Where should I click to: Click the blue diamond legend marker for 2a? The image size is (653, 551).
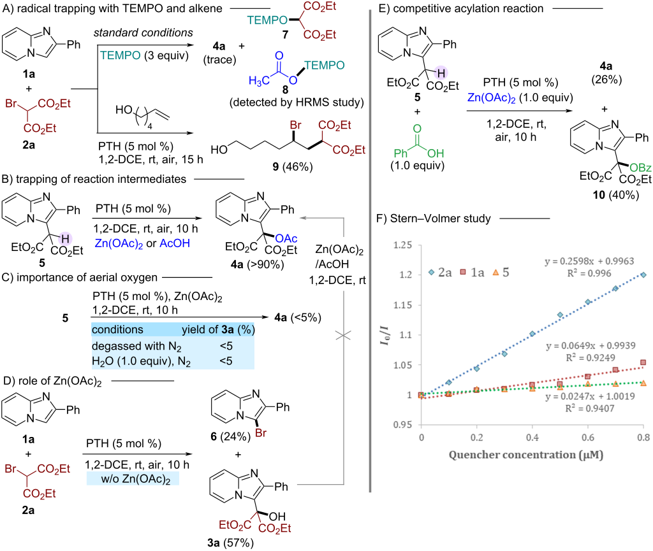(x=432, y=273)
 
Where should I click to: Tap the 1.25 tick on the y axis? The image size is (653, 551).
(x=402, y=245)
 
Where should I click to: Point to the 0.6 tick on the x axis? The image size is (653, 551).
(x=588, y=437)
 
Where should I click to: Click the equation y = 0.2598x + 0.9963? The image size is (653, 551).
(x=589, y=261)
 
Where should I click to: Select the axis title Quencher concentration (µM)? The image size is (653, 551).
(x=525, y=455)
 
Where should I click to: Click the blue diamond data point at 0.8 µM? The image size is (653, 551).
(x=643, y=275)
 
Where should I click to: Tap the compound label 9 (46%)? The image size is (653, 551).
(x=292, y=167)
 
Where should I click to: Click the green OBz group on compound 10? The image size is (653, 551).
(x=640, y=168)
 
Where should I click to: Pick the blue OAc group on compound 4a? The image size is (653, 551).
(x=286, y=238)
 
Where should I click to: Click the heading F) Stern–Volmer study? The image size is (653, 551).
(x=434, y=218)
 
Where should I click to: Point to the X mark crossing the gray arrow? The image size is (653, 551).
(x=343, y=335)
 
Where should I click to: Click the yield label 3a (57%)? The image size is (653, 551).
(x=230, y=543)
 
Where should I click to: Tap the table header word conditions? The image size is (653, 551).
(x=117, y=329)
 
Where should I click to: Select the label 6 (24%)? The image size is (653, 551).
(x=230, y=436)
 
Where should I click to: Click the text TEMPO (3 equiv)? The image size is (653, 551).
(x=144, y=55)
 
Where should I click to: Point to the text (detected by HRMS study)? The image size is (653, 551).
(x=297, y=103)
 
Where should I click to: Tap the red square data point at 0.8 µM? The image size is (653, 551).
(x=643, y=362)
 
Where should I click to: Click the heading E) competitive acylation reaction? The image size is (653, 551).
(x=460, y=8)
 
